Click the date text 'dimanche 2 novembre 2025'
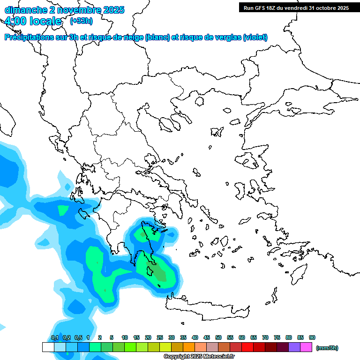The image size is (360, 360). click(64, 9)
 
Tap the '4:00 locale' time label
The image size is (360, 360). click(33, 21)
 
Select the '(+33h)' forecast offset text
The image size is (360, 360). click(81, 21)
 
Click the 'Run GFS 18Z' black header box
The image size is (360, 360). click(296, 7)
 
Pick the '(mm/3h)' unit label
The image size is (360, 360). click(327, 348)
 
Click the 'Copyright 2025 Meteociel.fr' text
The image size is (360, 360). click(199, 357)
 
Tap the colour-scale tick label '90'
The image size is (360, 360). click(312, 337)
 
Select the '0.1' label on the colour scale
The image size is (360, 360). click(54, 337)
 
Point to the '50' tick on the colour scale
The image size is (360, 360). click(218, 337)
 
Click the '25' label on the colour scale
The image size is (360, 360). click(160, 337)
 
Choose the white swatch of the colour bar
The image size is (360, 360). click(48, 347)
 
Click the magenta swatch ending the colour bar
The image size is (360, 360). click(306, 347)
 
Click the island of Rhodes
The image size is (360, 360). click(299, 274)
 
